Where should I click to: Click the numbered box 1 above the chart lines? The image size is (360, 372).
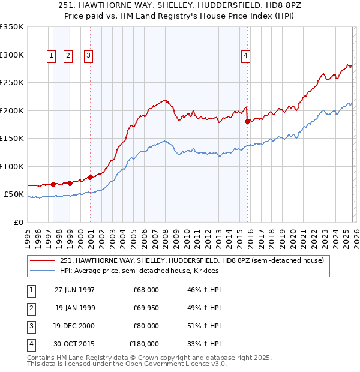pos(51,56)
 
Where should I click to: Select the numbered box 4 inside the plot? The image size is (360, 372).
pos(245,56)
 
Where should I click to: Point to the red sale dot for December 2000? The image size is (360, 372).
pos(90,177)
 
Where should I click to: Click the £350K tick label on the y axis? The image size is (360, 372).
pos(12,27)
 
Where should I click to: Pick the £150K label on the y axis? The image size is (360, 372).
pos(12,139)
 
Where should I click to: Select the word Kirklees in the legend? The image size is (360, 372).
pos(205,271)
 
